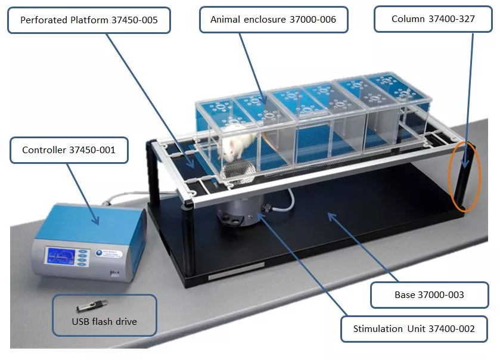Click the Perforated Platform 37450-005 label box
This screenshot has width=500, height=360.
89,20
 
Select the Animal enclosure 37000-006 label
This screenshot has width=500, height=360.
273,20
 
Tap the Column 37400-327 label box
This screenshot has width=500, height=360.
433,19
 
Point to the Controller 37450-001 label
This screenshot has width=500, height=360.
69,150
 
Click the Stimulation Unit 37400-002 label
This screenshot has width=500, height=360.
414,328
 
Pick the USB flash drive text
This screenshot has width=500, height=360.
104,322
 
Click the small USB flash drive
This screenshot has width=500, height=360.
86,307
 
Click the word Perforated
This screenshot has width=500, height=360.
44,20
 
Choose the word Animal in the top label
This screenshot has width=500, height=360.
225,20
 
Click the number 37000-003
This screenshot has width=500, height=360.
440,295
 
